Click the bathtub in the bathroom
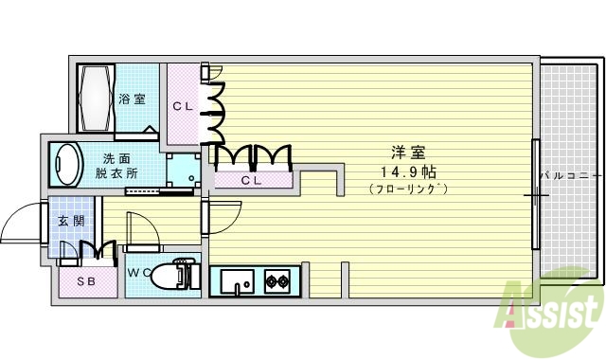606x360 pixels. click(x=96, y=98)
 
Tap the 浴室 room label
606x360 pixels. click(x=133, y=99)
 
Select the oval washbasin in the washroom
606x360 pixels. click(x=66, y=163)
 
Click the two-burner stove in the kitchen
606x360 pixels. click(x=276, y=280)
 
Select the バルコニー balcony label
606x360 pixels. click(x=571, y=176)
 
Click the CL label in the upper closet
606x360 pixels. click(x=183, y=106)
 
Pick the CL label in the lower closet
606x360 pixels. click(x=251, y=179)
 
